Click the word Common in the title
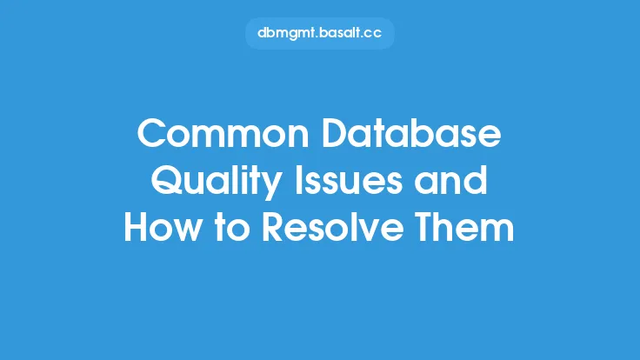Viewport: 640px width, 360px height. pyautogui.click(x=223, y=133)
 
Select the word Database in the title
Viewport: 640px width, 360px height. pyautogui.click(x=411, y=133)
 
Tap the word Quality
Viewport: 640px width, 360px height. pyautogui.click(x=217, y=182)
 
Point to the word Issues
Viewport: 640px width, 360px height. pyautogui.click(x=349, y=180)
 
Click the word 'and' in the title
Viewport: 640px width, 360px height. pyautogui.click(x=450, y=180)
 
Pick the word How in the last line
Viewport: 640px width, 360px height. pyautogui.click(x=163, y=227)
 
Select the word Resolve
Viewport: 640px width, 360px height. pyautogui.click(x=333, y=227)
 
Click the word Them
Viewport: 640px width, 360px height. pyautogui.click(x=464, y=227)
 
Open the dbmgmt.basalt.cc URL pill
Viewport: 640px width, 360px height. pyautogui.click(x=320, y=33)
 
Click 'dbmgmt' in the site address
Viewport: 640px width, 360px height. pyautogui.click(x=287, y=33)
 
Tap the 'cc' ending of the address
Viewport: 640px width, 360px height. pyautogui.click(x=373, y=34)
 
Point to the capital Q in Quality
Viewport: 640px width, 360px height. pyautogui.click(x=167, y=180)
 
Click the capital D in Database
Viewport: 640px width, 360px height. pyautogui.click(x=337, y=133)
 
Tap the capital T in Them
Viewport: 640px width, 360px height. pyautogui.click(x=427, y=227)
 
